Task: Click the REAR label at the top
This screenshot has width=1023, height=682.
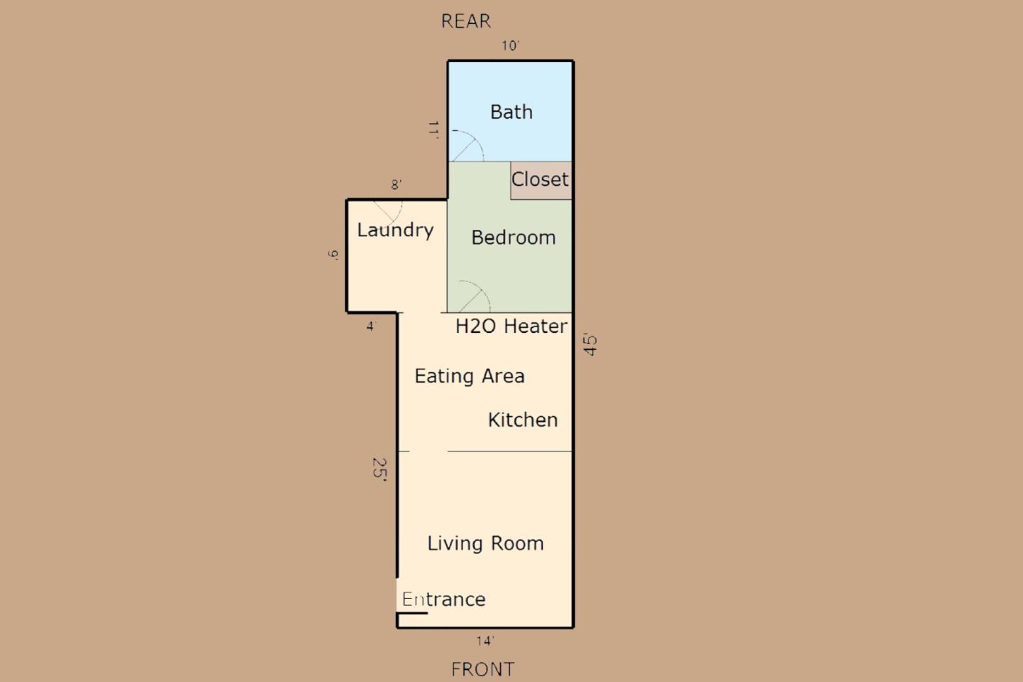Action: point(466,21)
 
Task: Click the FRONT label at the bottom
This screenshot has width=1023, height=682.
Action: point(483,669)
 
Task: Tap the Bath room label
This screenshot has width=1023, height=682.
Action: point(511,112)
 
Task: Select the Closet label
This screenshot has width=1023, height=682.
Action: point(541,179)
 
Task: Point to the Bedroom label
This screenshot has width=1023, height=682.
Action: point(514,238)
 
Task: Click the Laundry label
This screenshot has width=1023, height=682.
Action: point(395,230)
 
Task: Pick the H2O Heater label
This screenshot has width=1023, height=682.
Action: point(511,326)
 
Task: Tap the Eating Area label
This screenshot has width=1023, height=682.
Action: point(470,376)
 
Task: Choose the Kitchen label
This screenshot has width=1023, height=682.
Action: point(523,420)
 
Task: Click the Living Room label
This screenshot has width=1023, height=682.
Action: point(485,544)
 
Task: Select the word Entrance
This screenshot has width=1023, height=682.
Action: point(444,600)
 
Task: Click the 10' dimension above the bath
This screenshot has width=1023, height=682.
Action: point(511,46)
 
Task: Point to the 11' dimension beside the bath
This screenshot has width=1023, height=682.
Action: point(433,129)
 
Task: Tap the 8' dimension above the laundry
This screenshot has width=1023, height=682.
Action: point(396,185)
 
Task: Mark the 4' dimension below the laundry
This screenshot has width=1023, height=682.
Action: point(371,326)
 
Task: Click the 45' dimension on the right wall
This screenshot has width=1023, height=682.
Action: point(590,345)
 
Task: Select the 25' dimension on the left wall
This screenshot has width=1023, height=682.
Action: point(379,470)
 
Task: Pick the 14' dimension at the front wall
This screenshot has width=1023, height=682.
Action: point(485,641)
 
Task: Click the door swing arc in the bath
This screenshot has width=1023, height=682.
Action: point(467,146)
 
